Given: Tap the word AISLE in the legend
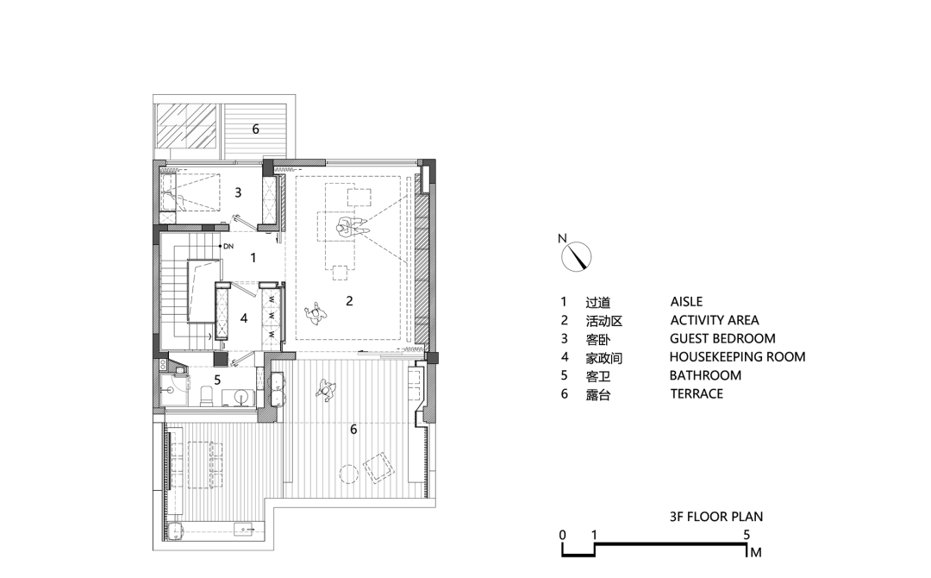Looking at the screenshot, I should point(686,302).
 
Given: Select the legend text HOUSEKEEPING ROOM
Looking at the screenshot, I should point(737,357).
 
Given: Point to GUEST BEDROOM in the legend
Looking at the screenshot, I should point(722,339).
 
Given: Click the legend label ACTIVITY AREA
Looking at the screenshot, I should point(714,321).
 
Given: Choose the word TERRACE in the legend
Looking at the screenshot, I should point(697,393).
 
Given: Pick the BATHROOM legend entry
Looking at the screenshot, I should point(705,375).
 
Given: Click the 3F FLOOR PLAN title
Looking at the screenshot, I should point(715,518).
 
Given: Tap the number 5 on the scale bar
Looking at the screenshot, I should point(747,535).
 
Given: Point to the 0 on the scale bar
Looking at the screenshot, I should point(562,535).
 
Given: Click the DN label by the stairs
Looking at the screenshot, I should point(228,247).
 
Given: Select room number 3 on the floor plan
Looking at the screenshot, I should point(238,193).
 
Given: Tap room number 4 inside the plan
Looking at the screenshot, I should point(244,317).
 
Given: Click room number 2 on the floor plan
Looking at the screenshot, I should point(349,301).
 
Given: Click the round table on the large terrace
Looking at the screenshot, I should point(348,473).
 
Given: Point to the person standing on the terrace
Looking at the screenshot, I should point(327,390).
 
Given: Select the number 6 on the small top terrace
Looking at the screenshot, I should point(255,129).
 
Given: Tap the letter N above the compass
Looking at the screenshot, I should point(561,238).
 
